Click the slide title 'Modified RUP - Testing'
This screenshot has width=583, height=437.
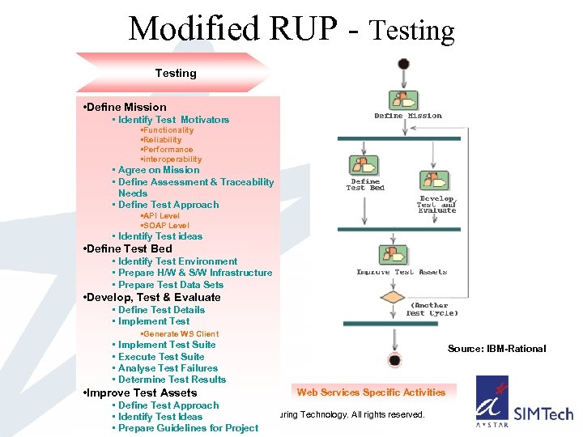click(291, 30)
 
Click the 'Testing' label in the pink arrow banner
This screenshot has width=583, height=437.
click(176, 73)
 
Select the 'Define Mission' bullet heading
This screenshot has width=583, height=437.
click(125, 107)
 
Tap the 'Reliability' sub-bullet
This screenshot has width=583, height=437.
click(161, 140)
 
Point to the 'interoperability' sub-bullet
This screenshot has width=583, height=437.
click(171, 159)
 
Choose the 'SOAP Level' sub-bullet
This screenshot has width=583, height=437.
click(165, 226)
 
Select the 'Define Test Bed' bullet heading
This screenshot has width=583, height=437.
click(128, 248)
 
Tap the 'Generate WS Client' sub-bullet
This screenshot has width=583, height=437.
click(179, 334)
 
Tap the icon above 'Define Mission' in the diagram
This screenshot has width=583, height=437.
click(403, 100)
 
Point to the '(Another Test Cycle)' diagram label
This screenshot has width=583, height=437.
click(432, 309)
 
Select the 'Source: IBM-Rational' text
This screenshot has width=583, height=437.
click(496, 349)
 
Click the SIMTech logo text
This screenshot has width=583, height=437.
click(543, 414)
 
